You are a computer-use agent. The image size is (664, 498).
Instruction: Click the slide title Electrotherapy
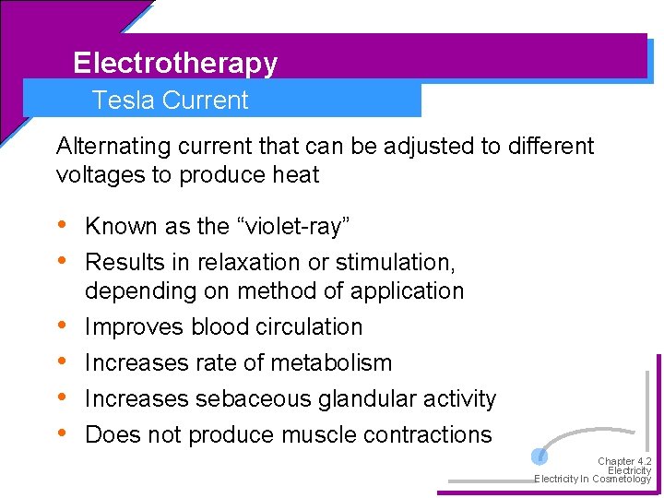point(175,63)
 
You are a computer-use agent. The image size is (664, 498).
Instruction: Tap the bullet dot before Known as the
point(62,225)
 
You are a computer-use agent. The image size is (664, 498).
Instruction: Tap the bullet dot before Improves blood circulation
point(62,326)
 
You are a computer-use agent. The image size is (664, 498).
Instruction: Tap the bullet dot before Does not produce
point(62,433)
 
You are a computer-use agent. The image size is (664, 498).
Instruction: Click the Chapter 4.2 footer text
point(624,461)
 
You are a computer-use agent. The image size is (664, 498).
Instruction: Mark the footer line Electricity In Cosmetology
point(592,479)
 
